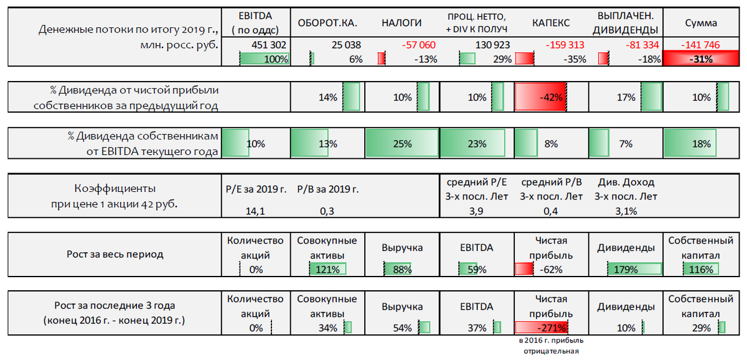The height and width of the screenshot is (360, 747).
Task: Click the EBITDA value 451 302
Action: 269,45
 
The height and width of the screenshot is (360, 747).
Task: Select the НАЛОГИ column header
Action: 402,23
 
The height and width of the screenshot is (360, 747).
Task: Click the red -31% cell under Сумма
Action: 700,59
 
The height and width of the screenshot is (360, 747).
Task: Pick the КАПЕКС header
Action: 550,23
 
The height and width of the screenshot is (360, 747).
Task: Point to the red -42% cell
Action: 540,97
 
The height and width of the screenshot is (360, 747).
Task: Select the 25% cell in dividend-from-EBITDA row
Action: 402,144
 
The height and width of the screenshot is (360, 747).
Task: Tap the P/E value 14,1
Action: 256,212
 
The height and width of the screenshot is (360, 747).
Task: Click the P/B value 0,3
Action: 327,212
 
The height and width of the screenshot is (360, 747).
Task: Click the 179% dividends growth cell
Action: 626,270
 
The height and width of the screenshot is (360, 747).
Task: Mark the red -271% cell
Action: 540,328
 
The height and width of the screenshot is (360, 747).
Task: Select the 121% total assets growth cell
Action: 327,270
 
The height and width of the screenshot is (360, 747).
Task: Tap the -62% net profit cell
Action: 540,270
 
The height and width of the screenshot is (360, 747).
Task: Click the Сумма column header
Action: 700,23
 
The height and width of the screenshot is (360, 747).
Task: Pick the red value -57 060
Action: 418,45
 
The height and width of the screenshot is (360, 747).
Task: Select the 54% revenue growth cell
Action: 402,328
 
